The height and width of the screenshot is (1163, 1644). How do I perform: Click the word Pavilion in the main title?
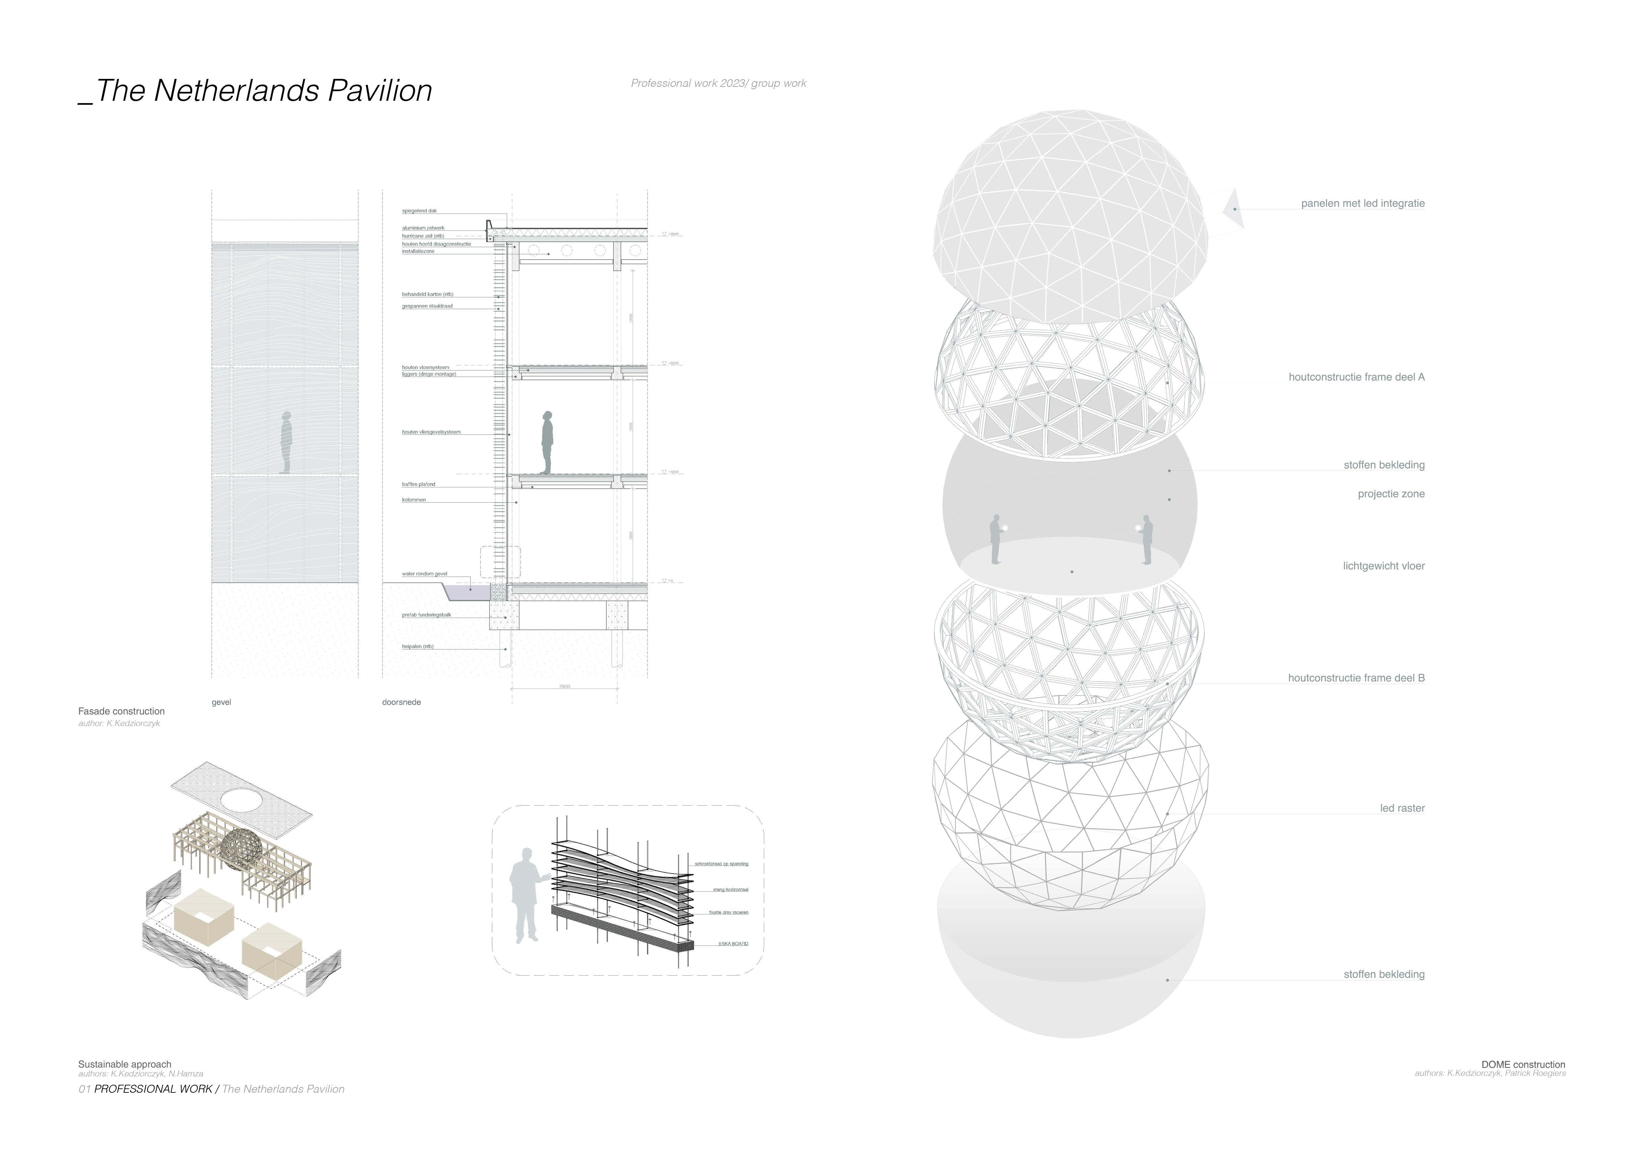[379, 91]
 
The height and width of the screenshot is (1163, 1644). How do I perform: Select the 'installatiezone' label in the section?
[418, 251]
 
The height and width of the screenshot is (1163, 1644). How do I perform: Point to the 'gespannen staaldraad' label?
[427, 307]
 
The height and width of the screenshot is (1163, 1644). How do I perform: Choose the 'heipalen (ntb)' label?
[418, 647]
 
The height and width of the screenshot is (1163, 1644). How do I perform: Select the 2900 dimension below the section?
[564, 687]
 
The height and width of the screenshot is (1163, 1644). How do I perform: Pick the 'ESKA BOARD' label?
[733, 944]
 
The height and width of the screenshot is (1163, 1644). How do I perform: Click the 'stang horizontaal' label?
[730, 889]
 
